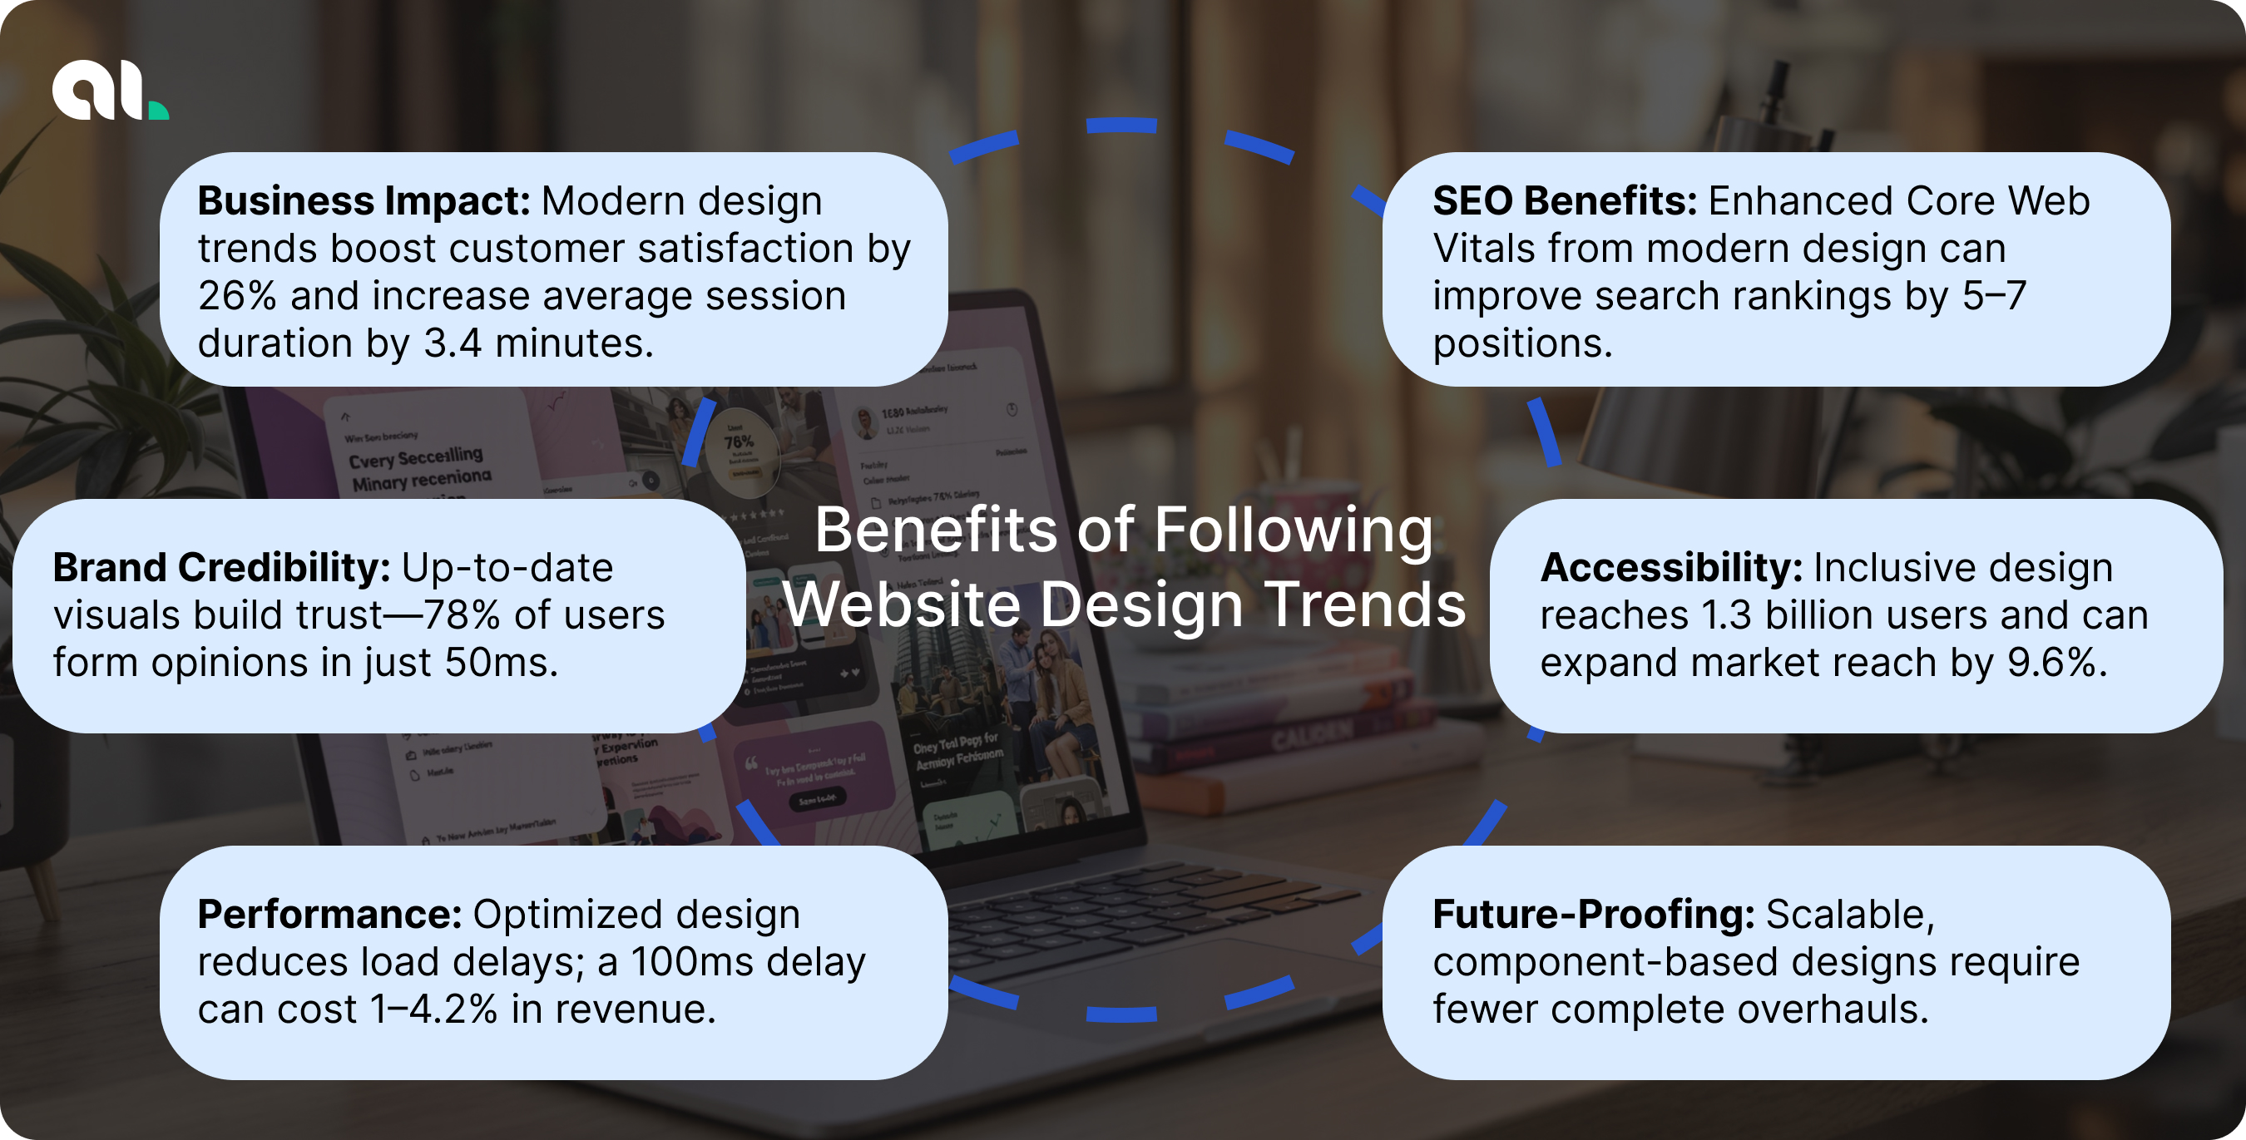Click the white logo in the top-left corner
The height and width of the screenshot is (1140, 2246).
(109, 90)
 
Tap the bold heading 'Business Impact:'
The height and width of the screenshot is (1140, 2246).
(364, 201)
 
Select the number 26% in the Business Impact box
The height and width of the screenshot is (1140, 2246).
(236, 296)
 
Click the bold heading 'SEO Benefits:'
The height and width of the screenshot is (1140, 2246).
(1564, 201)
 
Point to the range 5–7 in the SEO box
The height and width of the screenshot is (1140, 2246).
(1994, 296)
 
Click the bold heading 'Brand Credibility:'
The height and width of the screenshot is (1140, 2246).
(221, 568)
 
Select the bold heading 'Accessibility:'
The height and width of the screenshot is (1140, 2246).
(1670, 568)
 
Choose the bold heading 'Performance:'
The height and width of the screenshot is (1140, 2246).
(329, 915)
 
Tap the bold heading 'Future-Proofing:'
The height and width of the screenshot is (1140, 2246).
(1593, 915)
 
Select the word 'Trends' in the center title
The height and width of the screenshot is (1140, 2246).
(1365, 605)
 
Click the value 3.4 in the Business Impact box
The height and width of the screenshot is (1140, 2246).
(453, 343)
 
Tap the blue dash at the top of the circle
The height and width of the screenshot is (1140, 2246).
(1121, 126)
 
